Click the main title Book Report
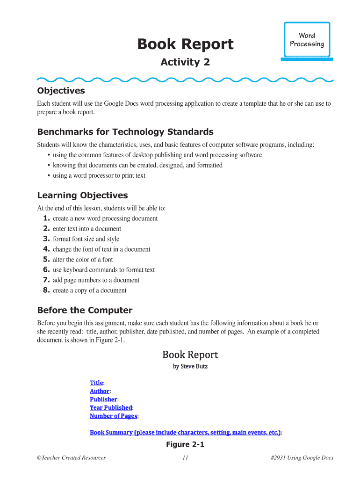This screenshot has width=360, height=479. pos(185,44)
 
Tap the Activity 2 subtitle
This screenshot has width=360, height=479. pos(185,62)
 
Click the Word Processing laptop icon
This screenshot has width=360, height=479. pos(307,41)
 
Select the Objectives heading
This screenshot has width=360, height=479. pos(61,90)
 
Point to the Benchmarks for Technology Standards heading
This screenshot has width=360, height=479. pos(125,131)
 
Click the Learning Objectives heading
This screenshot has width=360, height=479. pos(82,195)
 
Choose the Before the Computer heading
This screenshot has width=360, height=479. pos(85,310)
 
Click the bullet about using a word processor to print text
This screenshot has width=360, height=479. pos(99,175)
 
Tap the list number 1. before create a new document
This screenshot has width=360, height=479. pos(46,218)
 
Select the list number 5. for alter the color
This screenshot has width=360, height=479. pos(46,260)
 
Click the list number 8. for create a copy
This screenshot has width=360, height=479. pos(46,290)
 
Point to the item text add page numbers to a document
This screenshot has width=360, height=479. pos(96,280)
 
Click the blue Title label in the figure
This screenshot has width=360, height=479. pos(96,383)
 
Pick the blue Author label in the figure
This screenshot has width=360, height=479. pos(100,391)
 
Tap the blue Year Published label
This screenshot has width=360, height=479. pos(111,407)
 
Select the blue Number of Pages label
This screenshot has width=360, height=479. pos(114,416)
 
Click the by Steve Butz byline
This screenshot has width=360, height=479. pos(190,366)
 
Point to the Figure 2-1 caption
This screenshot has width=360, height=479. pos(185,444)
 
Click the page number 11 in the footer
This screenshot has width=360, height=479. pos(185,458)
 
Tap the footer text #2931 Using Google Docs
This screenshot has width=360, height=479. pos(302,458)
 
